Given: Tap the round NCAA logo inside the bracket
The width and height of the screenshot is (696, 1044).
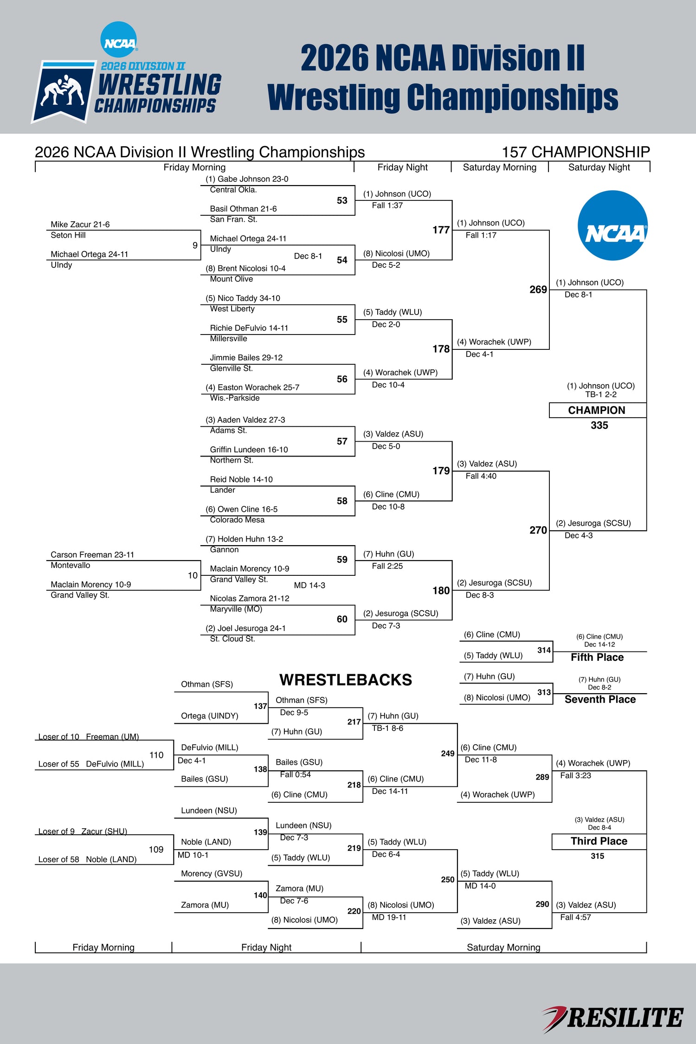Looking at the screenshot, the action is click(612, 226).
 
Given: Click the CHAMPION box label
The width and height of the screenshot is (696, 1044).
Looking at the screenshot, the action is click(597, 410).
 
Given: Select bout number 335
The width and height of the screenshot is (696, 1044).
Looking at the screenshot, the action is click(599, 425).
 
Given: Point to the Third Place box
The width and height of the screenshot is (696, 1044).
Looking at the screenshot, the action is click(599, 841).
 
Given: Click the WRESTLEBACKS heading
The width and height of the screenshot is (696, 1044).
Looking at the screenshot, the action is click(346, 680).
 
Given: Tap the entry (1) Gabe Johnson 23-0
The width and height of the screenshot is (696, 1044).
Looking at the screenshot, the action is click(247, 179).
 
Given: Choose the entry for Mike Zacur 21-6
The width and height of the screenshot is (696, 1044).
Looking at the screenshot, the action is click(80, 225).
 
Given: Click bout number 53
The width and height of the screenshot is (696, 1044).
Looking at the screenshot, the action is click(342, 200).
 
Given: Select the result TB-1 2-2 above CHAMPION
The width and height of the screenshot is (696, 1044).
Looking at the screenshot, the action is click(601, 394).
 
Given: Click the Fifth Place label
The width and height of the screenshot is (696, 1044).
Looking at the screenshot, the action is click(597, 657).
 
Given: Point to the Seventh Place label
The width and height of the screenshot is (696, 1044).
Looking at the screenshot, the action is click(600, 699).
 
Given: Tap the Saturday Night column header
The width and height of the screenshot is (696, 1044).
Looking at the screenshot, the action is click(599, 168).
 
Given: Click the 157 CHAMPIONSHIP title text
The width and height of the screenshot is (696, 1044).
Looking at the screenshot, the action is click(576, 152).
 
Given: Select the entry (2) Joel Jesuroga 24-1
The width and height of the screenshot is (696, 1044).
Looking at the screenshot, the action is click(246, 628).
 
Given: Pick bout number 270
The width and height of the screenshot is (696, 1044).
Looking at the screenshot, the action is click(538, 530).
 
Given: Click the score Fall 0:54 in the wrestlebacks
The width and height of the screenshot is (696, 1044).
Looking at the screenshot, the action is click(295, 774).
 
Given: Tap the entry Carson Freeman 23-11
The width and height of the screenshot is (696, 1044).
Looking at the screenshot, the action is click(92, 555).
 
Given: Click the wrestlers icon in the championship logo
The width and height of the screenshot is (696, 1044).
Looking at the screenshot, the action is click(62, 90).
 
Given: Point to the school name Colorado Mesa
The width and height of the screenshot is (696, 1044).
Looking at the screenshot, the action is click(237, 520).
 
